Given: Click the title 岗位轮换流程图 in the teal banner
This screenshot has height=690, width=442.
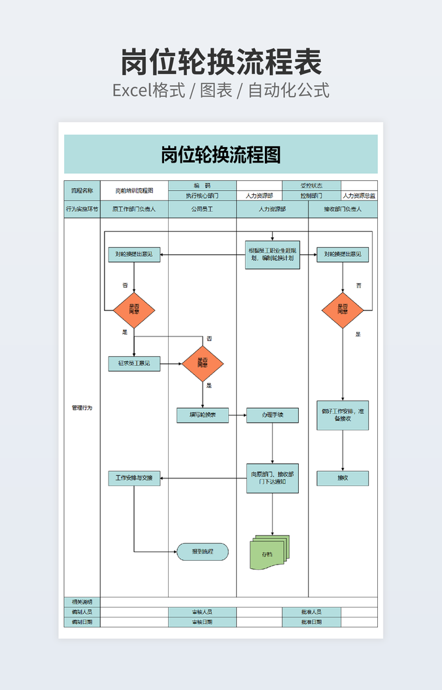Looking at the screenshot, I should coord(221,154).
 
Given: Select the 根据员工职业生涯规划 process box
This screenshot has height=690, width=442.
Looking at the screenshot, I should coord(273,254).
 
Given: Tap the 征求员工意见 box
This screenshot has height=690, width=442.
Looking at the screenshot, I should coord(134,363).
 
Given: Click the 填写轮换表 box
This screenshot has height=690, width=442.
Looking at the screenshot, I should coord(203,415).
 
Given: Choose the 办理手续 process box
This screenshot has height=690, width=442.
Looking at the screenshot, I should coord(273,415).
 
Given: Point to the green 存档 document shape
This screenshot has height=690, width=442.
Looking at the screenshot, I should coord(268,553).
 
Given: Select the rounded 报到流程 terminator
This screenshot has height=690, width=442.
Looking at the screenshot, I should coord(203,552).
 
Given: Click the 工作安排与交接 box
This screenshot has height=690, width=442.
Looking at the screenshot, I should coord(134,478).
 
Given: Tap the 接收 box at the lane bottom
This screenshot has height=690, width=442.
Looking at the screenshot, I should coord(343,478).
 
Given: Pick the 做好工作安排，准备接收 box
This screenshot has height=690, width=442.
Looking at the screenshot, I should coord(343,415).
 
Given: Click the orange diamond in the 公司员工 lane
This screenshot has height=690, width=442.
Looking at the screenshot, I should coord(203,363).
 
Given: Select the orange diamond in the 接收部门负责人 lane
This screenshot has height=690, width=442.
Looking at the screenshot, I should coord(343,310).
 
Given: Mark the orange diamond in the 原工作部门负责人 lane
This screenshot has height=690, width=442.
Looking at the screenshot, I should coord(134,310).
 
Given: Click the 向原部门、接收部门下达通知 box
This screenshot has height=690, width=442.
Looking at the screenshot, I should coord(273,478).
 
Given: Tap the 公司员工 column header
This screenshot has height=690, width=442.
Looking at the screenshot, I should coord(203,209).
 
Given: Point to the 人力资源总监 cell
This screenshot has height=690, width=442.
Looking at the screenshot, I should coord(359,195).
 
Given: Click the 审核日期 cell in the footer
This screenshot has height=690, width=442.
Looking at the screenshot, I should coord(203,622).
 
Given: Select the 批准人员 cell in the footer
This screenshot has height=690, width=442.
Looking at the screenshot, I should coord(311,612).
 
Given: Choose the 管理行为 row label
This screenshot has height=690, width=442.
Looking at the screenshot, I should coord(82,408).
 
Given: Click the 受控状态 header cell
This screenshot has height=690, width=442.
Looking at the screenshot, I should coord(311,186).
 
